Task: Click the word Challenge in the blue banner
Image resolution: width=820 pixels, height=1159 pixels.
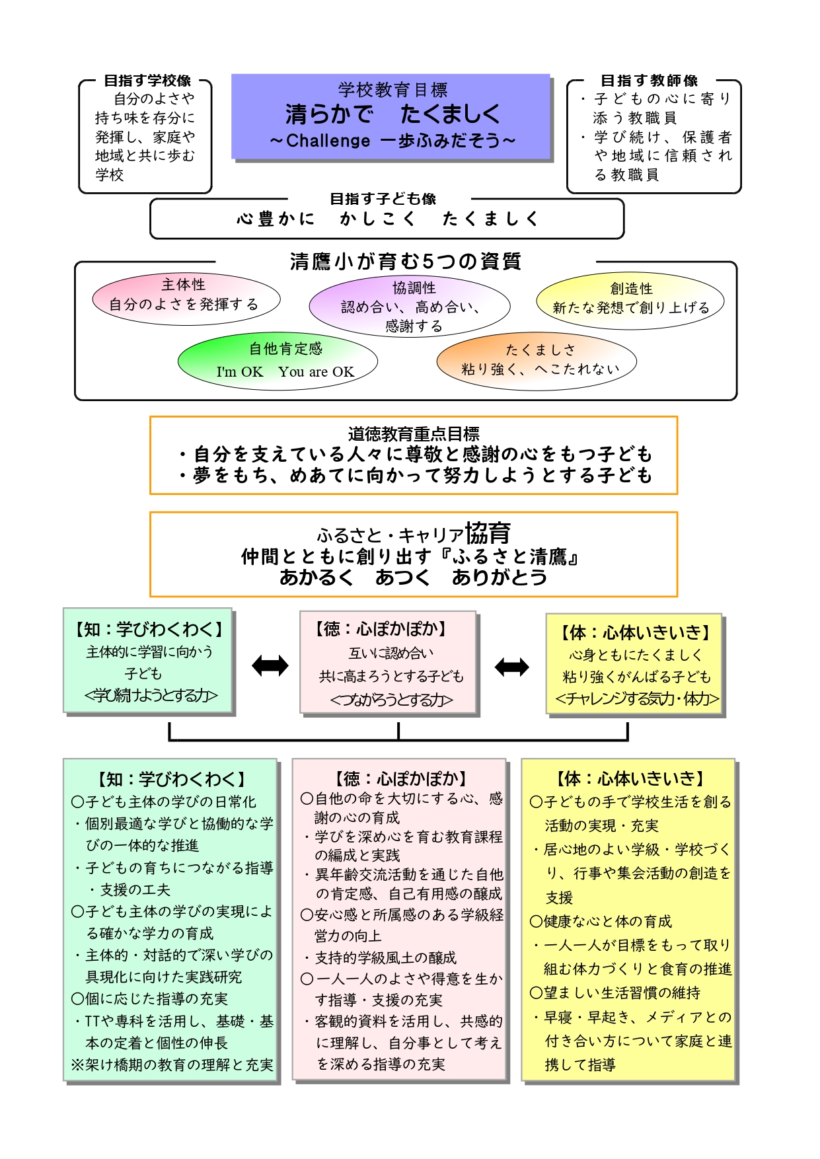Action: click(x=328, y=141)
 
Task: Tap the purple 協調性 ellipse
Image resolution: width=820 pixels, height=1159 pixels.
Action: click(x=410, y=306)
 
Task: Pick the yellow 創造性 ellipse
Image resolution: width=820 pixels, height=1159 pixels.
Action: click(x=630, y=300)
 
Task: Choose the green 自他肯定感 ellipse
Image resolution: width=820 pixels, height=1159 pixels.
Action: click(x=278, y=361)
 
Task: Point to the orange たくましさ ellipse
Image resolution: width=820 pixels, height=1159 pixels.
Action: click(x=537, y=361)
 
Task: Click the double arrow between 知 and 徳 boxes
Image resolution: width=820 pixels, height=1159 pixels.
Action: click(x=270, y=665)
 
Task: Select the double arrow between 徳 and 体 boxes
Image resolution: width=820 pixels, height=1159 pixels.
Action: click(x=512, y=667)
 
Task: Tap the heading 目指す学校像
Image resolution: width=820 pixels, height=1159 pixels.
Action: click(x=147, y=81)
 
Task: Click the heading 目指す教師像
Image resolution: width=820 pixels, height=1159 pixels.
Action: click(x=649, y=81)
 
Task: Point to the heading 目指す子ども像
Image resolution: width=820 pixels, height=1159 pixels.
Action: click(x=383, y=198)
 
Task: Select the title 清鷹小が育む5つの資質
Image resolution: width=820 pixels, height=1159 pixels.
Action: click(x=405, y=262)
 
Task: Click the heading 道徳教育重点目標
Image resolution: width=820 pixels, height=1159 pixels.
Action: click(x=414, y=434)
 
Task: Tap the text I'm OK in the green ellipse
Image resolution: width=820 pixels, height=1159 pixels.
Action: click(x=239, y=372)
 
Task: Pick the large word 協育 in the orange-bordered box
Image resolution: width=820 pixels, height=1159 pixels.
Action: click(x=488, y=533)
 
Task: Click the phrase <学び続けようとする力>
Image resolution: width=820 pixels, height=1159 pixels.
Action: click(x=151, y=695)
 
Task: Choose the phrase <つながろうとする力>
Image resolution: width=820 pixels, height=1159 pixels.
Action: click(x=391, y=699)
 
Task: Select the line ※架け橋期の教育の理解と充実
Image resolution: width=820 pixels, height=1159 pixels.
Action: click(x=172, y=1065)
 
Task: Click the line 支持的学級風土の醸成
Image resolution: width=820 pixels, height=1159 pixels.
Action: click(x=385, y=957)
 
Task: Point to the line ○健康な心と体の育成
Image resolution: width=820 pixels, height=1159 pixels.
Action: click(x=601, y=921)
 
